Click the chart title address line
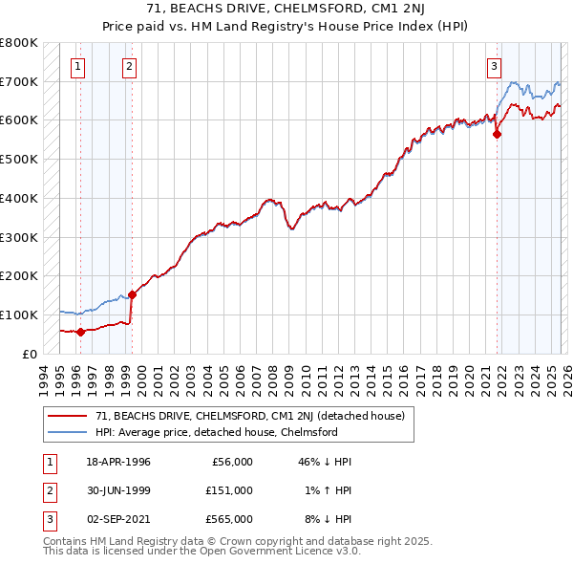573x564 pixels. click(x=286, y=10)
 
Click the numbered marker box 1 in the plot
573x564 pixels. click(x=77, y=66)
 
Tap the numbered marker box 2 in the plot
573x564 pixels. click(x=129, y=66)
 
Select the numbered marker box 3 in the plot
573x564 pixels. click(x=494, y=66)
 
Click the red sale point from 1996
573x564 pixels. click(x=80, y=332)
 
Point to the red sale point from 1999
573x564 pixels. click(x=132, y=294)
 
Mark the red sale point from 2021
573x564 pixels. click(x=497, y=135)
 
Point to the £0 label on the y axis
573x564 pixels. click(x=29, y=354)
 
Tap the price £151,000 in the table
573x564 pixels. click(x=229, y=490)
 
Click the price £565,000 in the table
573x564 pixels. click(x=229, y=519)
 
